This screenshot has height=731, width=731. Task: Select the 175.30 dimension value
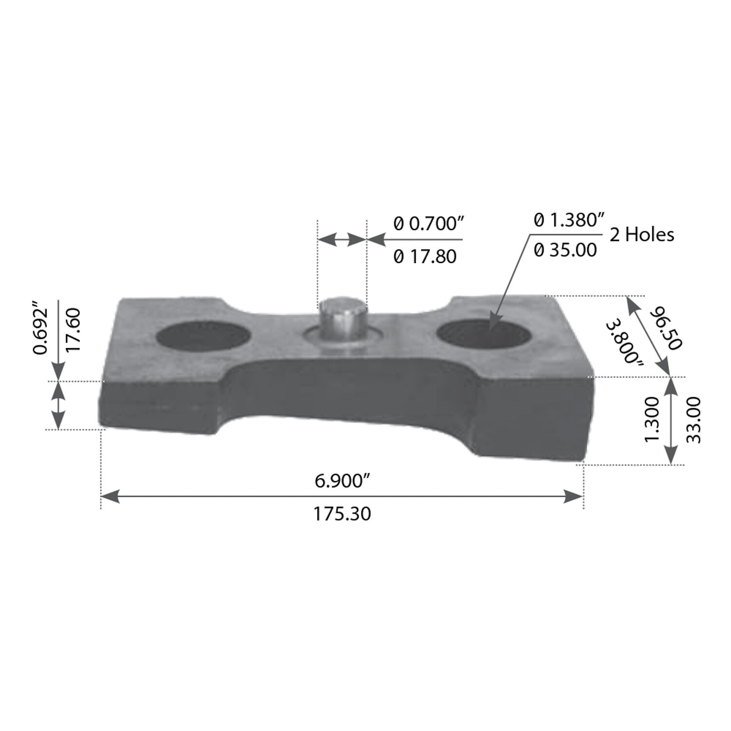342,514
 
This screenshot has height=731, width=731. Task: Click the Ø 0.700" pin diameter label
428,224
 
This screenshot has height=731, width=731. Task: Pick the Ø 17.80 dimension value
425,256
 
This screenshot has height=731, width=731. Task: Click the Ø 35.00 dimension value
565,250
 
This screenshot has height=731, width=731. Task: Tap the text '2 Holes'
642,235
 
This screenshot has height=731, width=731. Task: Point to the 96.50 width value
666,327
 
